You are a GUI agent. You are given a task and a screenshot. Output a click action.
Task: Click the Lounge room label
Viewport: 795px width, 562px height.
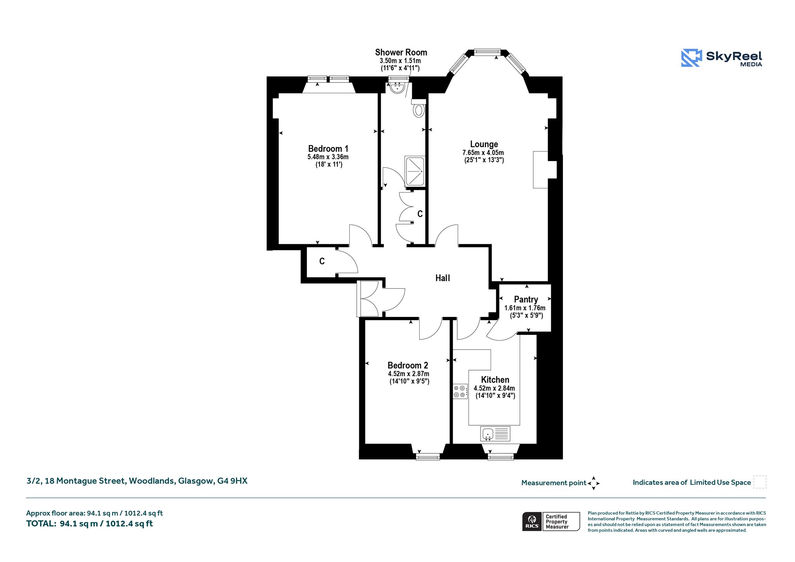coord(484,144)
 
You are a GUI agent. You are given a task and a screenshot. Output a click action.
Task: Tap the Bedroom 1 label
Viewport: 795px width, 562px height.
coord(328,149)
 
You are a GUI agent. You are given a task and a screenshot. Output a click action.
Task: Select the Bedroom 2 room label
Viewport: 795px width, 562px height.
coord(408,365)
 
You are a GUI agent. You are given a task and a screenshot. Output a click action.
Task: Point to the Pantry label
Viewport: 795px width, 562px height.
coord(526,299)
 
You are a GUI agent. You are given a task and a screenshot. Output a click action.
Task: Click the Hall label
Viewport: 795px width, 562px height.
coord(443,278)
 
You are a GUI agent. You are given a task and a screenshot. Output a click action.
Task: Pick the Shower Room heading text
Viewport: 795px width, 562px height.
coord(401,52)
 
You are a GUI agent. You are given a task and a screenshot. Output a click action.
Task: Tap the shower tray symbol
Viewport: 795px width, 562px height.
coord(415,171)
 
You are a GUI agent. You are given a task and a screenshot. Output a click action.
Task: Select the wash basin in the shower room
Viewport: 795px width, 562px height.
coord(397,88)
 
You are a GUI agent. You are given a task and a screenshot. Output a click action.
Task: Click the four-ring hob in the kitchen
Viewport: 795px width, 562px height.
coord(460,391)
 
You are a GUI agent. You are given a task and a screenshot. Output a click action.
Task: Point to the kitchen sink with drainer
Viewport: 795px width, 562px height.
coord(495,434)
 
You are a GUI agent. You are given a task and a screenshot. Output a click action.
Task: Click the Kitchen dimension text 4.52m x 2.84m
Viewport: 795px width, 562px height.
coord(494,388)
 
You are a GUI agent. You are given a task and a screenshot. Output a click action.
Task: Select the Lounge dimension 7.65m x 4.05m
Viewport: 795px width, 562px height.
coord(483,153)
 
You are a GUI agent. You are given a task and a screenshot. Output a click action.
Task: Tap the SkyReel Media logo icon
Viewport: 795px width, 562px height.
coord(691,58)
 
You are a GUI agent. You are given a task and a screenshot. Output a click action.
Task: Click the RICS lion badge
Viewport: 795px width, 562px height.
coord(532,521)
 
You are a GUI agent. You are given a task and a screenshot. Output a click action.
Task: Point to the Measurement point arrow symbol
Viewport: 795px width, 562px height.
coord(594,483)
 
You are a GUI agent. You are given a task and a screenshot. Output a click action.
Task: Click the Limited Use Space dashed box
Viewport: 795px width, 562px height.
coord(760,482)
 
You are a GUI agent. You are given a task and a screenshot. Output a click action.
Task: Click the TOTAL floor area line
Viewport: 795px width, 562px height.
coord(89,524)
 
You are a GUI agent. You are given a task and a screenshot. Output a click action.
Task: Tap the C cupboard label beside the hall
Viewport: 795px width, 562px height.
coord(322,261)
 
